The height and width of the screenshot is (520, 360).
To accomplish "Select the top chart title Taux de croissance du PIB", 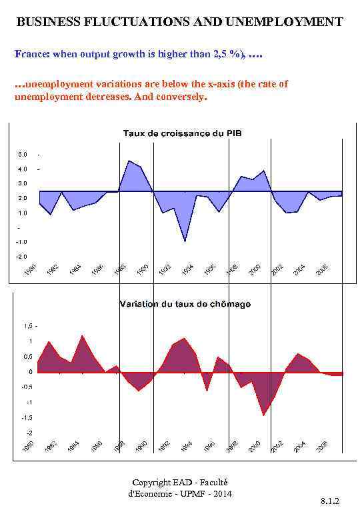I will click(x=182, y=133).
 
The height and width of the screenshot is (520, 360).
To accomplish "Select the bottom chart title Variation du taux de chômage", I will click(x=185, y=304).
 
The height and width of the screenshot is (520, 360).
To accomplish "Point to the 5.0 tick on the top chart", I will click(x=23, y=155).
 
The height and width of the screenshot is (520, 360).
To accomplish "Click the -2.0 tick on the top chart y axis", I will click(x=21, y=257).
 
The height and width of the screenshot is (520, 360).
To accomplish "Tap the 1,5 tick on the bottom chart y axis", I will click(x=27, y=326).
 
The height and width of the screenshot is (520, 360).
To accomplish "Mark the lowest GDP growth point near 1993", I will click(x=185, y=241).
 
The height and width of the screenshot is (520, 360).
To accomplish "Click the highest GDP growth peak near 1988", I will click(x=129, y=161).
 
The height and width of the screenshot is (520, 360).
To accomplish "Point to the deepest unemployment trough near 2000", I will click(x=264, y=415).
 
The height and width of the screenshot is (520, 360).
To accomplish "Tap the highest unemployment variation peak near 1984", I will click(x=82, y=335).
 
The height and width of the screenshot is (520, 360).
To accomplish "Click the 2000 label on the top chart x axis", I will click(x=255, y=269).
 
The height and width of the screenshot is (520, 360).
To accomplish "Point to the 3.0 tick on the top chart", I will click(x=23, y=183).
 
